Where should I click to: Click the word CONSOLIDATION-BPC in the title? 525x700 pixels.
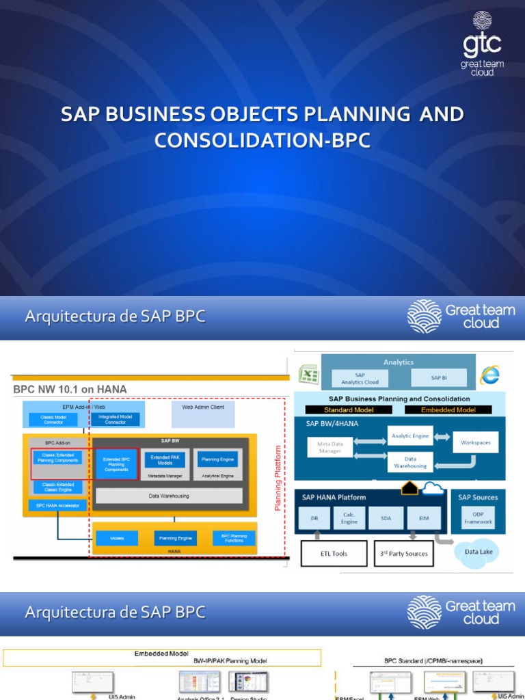tap(262, 139)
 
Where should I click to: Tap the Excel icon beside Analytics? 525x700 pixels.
tap(308, 375)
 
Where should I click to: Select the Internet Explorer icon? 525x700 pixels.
tap(489, 375)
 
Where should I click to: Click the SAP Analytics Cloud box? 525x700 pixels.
tap(360, 379)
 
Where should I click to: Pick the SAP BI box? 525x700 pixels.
tap(438, 378)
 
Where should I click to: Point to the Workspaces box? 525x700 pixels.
tap(475, 442)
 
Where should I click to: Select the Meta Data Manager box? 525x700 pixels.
tap(329, 447)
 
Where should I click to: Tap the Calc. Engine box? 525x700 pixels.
tap(349, 518)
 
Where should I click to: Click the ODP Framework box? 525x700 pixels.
tap(478, 517)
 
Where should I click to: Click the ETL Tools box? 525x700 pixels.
tap(334, 554)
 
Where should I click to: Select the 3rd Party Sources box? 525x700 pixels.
tap(404, 554)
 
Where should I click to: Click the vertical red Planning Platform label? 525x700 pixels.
tap(278, 478)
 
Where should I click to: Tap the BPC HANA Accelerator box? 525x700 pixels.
tap(58, 506)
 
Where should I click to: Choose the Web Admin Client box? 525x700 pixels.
tap(202, 414)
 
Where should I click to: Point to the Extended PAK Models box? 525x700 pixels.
tap(165, 459)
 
